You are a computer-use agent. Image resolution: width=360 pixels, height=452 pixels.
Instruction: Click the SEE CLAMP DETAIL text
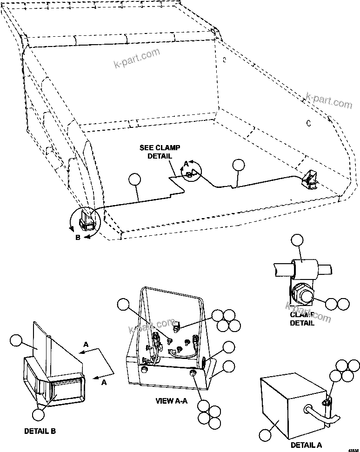click(156, 152)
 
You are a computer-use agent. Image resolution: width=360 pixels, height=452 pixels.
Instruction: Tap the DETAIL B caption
click(40, 431)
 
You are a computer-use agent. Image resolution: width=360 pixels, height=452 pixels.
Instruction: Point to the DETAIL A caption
click(306, 445)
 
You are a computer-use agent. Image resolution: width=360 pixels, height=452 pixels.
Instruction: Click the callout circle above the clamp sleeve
click(296, 240)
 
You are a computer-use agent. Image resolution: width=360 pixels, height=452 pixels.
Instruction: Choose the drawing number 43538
click(354, 448)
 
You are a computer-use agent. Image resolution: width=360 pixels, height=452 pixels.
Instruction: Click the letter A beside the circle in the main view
click(186, 164)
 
